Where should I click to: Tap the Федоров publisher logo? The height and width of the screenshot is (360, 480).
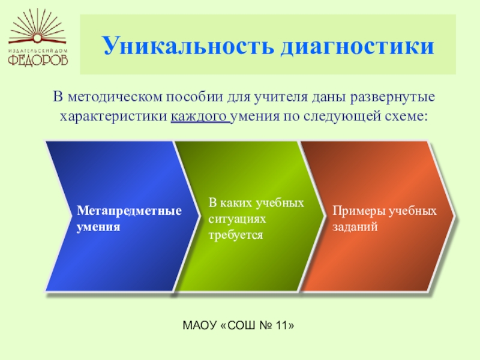coord(38,38)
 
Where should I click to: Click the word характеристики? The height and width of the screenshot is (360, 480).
coord(113,115)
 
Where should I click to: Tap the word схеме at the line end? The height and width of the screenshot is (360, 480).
coord(409,115)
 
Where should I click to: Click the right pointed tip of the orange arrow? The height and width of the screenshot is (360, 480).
coord(454,216)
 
